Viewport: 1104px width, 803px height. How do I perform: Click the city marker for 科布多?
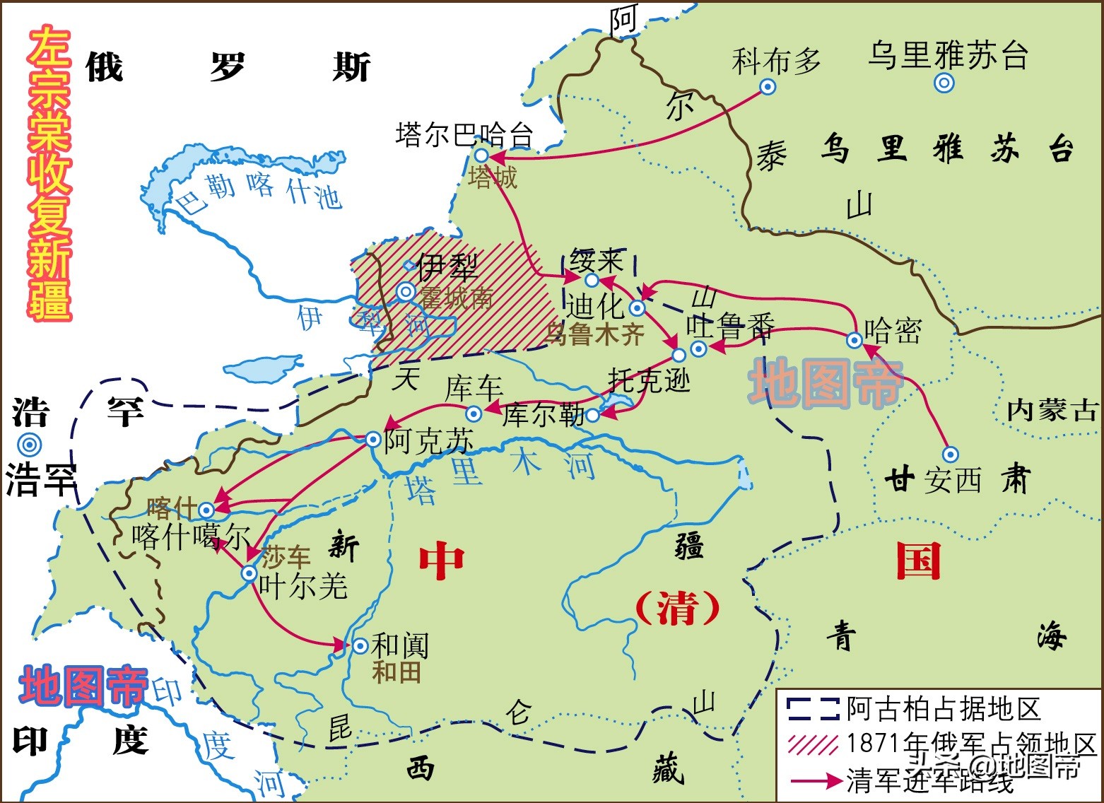click(x=767, y=87)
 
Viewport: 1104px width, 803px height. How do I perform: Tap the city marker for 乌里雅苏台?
click(x=944, y=83)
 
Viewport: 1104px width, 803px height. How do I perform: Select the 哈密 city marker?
click(x=855, y=340)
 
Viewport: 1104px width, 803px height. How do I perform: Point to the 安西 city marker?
click(x=951, y=455)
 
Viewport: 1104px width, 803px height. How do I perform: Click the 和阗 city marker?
click(x=360, y=645)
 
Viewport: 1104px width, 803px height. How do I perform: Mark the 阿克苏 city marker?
click(x=373, y=439)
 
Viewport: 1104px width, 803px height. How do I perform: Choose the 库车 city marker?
click(x=474, y=414)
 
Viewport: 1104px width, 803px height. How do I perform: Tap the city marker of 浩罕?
click(x=30, y=445)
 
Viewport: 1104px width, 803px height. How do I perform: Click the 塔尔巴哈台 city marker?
click(x=481, y=155)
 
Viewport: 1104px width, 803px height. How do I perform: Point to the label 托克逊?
click(x=649, y=382)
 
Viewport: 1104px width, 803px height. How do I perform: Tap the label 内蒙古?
click(x=1052, y=410)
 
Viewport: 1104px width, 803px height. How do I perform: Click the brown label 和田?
click(x=397, y=672)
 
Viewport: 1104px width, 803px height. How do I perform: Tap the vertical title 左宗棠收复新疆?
click(x=49, y=173)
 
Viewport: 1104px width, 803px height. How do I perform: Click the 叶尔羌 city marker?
click(x=249, y=573)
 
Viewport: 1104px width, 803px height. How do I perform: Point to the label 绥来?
click(x=597, y=262)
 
